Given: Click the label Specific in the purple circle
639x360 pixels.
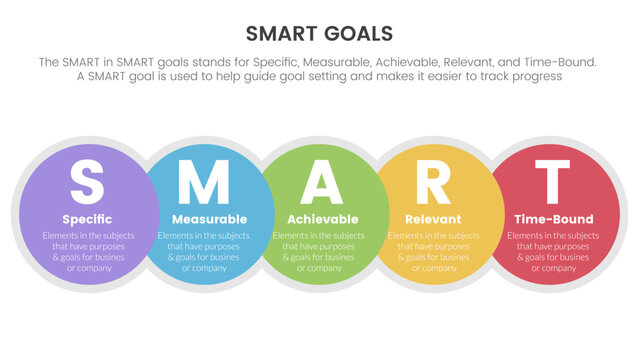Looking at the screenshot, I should pyautogui.click(x=87, y=219).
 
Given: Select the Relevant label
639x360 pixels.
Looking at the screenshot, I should pyautogui.click(x=433, y=219).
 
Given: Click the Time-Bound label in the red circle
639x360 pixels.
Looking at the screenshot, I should pyautogui.click(x=552, y=219).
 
